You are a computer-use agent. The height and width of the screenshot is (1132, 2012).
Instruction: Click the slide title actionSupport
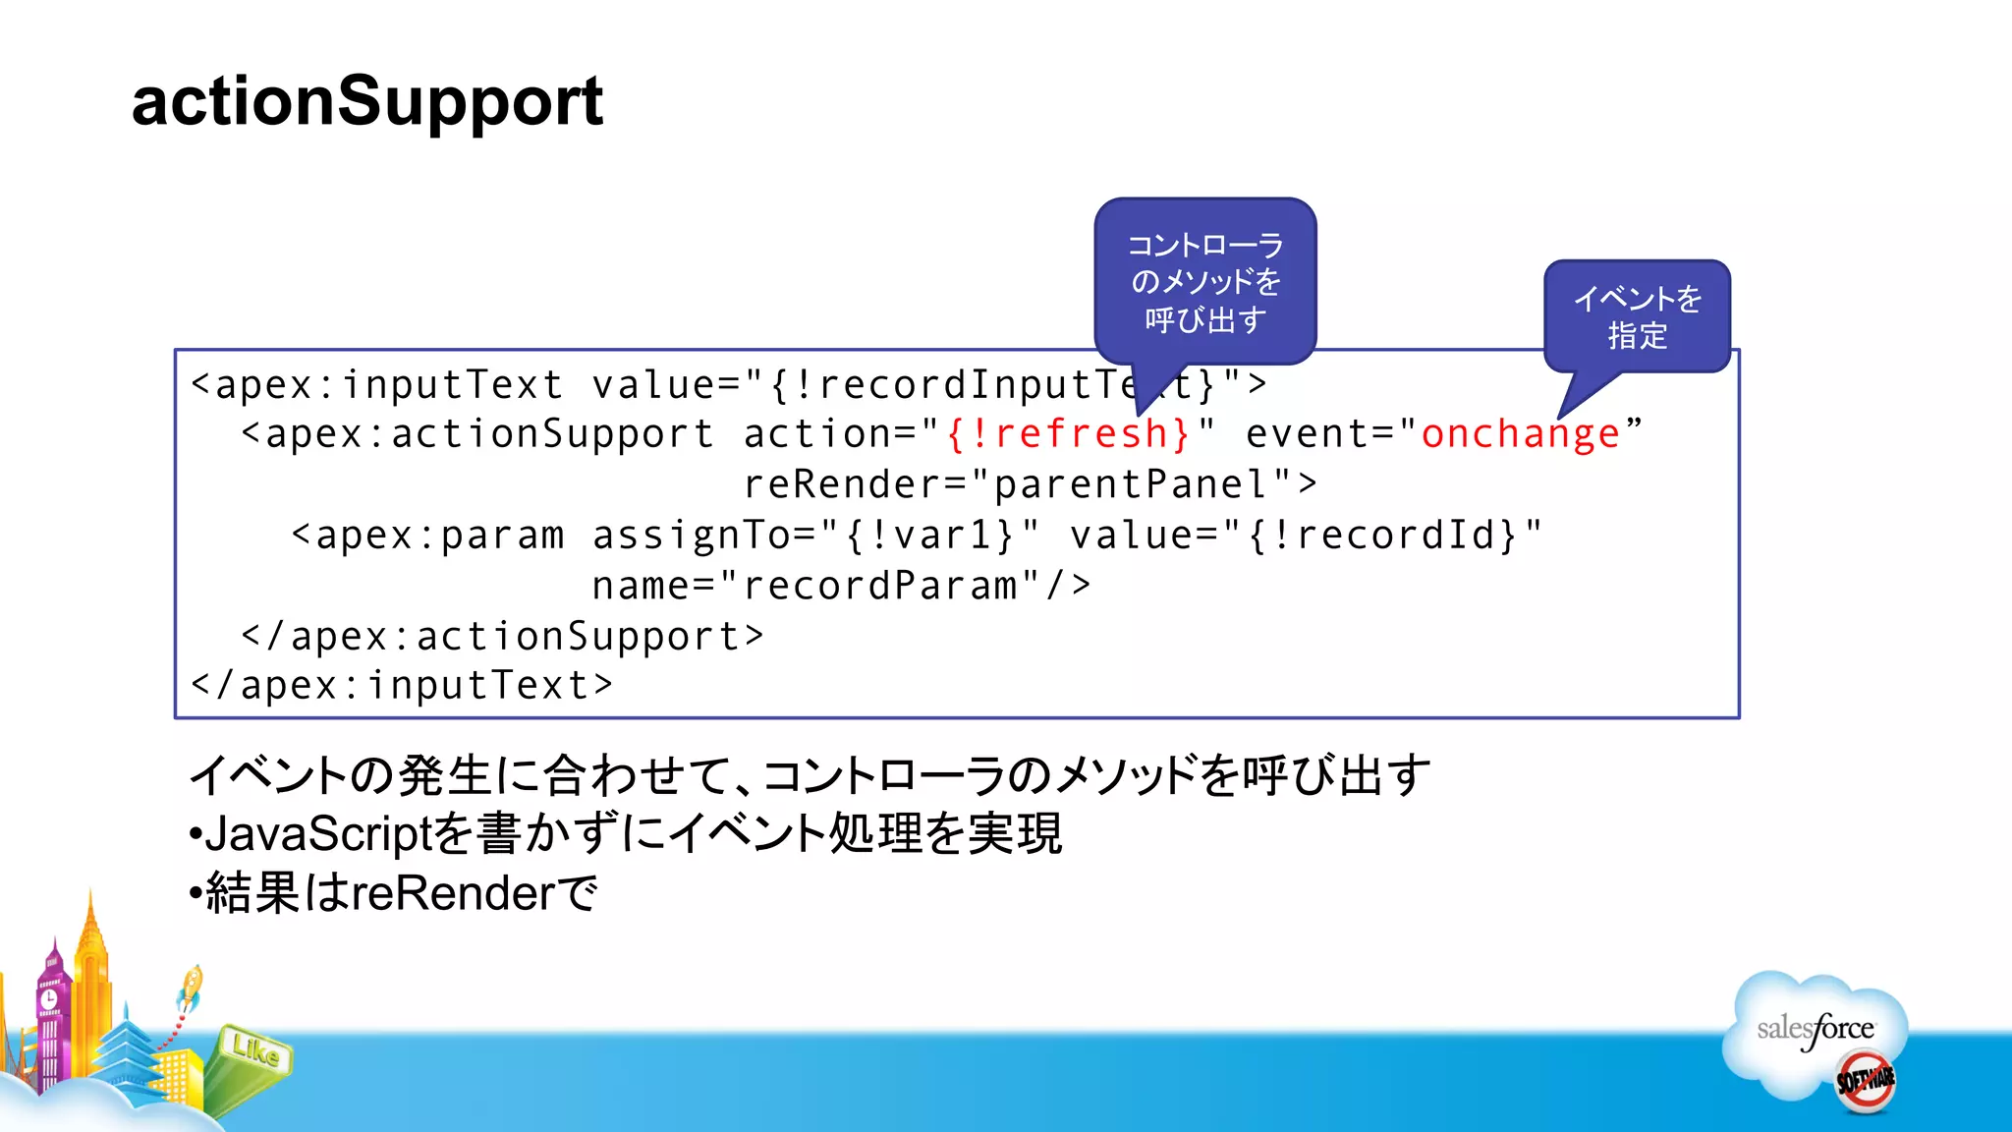(366, 101)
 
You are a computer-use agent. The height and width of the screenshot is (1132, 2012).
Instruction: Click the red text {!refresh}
(1068, 434)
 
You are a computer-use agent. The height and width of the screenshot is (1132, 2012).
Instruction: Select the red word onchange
(1520, 434)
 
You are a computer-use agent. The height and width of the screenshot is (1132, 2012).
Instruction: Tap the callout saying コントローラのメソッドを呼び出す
(1204, 282)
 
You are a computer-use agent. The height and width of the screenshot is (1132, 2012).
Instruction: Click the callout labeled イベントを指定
(1637, 316)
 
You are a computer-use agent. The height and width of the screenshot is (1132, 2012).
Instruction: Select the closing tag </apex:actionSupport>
(502, 637)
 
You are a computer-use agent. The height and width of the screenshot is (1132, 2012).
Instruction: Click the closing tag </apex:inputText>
(402, 686)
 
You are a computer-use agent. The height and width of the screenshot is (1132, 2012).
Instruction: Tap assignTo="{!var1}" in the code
(815, 536)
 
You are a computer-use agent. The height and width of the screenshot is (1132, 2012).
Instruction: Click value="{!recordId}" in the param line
(1306, 536)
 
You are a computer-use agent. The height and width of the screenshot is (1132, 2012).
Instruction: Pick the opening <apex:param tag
(428, 536)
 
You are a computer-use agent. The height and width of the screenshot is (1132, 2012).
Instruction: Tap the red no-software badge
(1865, 1081)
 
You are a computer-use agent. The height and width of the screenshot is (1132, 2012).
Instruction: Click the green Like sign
(254, 1051)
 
